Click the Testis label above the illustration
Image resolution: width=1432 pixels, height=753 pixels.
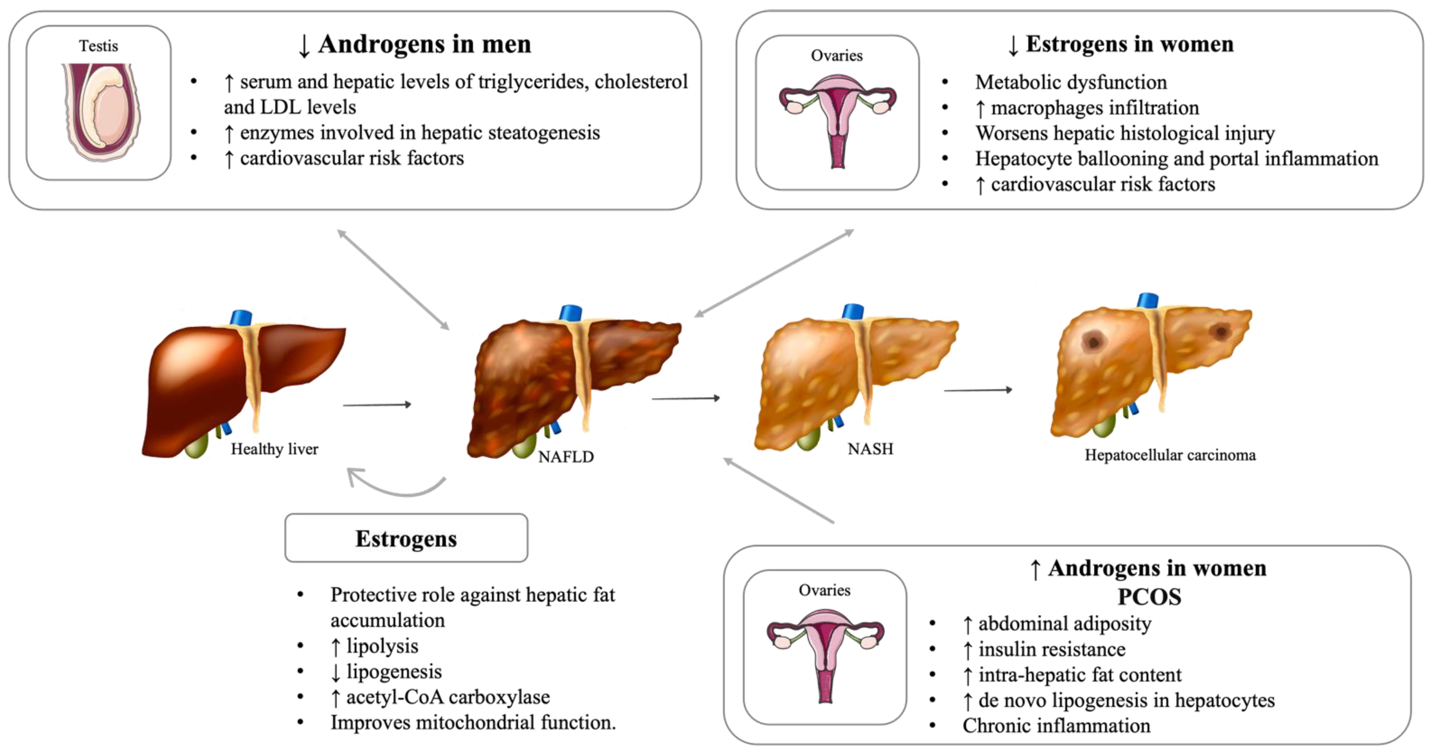pyautogui.click(x=98, y=46)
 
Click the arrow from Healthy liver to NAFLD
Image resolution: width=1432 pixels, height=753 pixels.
pyautogui.click(x=377, y=405)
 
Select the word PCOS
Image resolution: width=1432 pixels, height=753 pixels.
pyautogui.click(x=1149, y=597)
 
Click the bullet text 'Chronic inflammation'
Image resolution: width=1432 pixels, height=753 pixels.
pyautogui.click(x=1056, y=725)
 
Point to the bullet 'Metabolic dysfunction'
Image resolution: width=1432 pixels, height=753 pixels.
pyautogui.click(x=1071, y=82)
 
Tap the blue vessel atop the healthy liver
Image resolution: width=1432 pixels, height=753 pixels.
pyautogui.click(x=241, y=318)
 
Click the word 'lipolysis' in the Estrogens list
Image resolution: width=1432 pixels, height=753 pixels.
pyautogui.click(x=383, y=646)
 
